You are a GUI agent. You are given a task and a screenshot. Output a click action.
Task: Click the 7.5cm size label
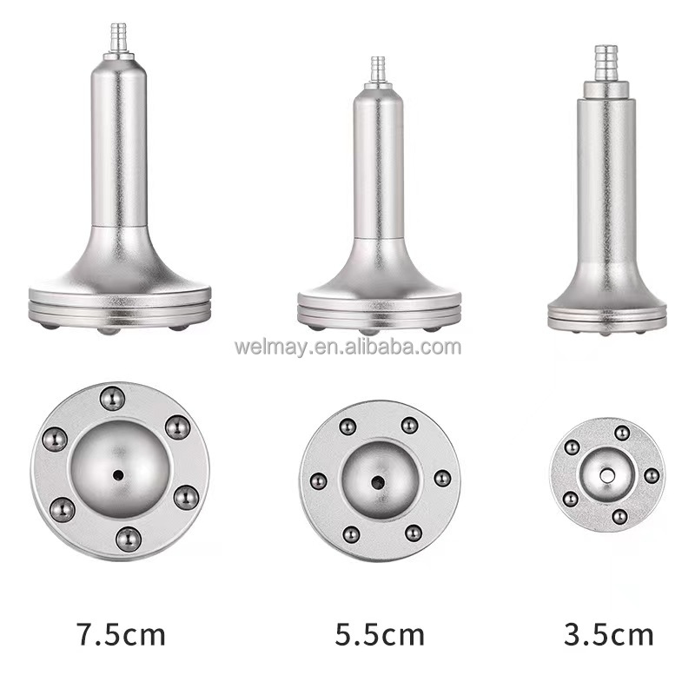121,634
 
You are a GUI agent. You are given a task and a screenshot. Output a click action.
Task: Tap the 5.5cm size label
380,634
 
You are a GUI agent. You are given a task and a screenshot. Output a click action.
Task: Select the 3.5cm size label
609,634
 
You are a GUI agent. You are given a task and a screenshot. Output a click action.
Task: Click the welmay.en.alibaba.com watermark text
347,347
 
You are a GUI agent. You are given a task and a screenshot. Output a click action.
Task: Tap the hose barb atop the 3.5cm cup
606,63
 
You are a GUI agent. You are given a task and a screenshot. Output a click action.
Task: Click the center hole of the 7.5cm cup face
118,475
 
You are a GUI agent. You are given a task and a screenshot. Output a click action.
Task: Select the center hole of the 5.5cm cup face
378,482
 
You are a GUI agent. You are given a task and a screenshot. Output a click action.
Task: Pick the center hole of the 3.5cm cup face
607,476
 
